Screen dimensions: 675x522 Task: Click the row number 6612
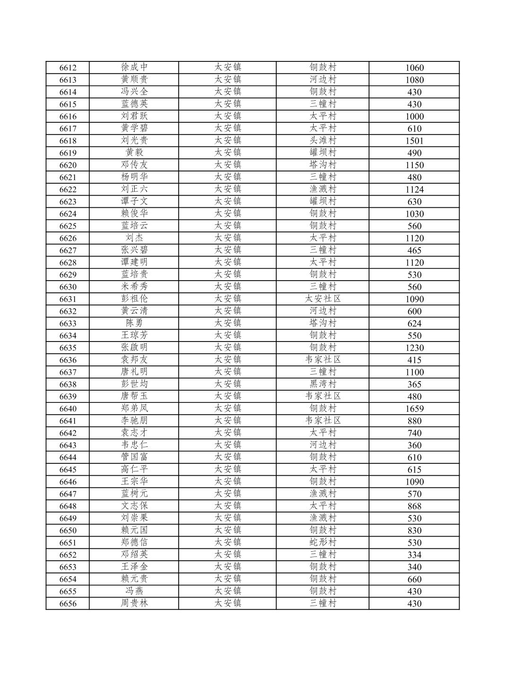click(x=68, y=68)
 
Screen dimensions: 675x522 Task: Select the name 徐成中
click(x=134, y=67)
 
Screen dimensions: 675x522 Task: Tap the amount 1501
click(x=414, y=141)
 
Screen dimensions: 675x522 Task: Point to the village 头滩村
click(x=323, y=140)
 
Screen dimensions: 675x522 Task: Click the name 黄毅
click(x=134, y=153)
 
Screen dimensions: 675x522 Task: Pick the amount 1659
click(x=414, y=409)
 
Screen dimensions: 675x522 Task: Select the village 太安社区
click(x=323, y=299)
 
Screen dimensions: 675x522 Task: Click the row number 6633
click(x=68, y=324)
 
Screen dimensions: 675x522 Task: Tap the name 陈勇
click(x=134, y=323)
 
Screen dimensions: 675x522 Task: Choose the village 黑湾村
click(x=323, y=384)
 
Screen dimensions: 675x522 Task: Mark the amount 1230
click(x=414, y=348)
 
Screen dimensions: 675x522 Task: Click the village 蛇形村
click(x=323, y=542)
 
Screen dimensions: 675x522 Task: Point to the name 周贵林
click(x=134, y=603)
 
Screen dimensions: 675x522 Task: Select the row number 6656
click(x=68, y=604)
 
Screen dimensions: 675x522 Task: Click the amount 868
click(x=414, y=506)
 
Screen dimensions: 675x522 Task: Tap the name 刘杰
click(x=134, y=238)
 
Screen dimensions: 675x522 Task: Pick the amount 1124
click(x=414, y=189)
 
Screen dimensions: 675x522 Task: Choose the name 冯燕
click(x=134, y=591)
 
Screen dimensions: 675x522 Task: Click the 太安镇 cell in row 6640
click(x=228, y=408)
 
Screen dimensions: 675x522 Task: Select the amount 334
click(x=414, y=555)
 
